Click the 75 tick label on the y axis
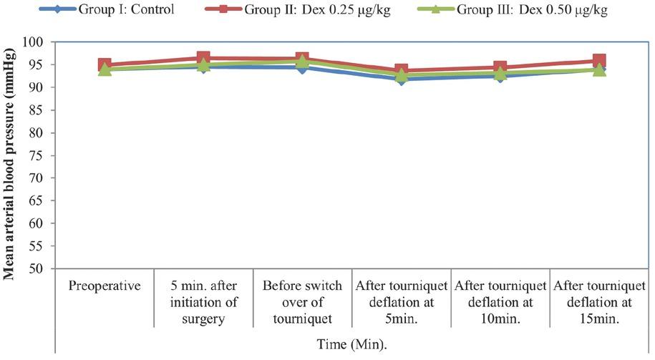click(44, 155)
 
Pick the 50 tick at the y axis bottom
click(44, 268)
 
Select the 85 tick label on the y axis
click(44, 110)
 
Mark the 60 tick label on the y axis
click(44, 223)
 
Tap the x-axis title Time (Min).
click(352, 344)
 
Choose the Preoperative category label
click(105, 286)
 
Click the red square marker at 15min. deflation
click(598, 62)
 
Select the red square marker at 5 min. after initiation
click(203, 58)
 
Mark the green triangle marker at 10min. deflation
click(500, 73)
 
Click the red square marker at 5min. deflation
click(401, 71)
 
